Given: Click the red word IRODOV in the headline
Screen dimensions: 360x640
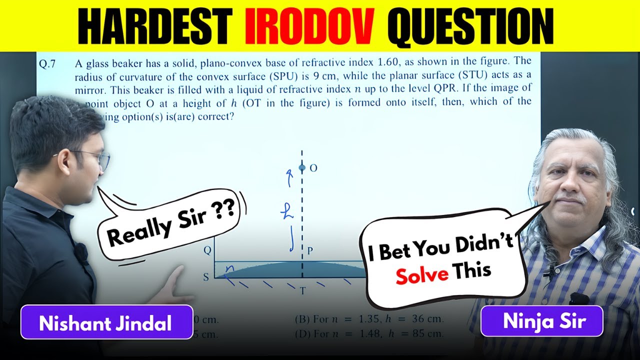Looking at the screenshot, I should (x=310, y=25).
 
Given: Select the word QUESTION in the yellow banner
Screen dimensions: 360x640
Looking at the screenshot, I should (x=470, y=25).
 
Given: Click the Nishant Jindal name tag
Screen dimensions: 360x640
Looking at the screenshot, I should (x=105, y=323).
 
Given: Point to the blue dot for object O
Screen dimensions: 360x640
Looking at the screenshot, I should (x=301, y=168).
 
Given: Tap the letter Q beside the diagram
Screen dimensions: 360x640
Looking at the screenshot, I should (x=207, y=251).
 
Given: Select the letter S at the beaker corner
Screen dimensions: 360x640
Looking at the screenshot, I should (x=206, y=276).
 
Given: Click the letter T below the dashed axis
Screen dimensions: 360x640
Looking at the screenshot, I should (x=302, y=290).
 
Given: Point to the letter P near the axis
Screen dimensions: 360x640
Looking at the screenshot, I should (x=310, y=251).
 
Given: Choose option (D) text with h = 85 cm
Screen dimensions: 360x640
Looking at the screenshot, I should (x=369, y=333).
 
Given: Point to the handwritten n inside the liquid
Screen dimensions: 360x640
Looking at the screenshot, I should (x=229, y=268).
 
